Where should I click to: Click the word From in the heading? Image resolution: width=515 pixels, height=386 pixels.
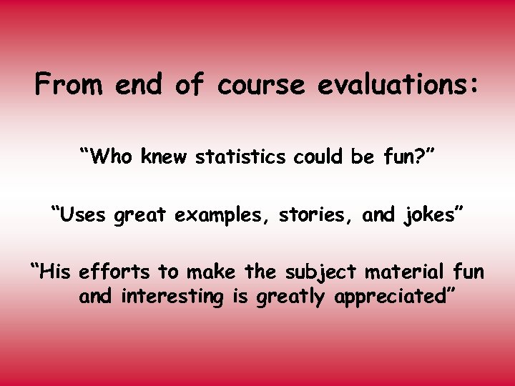tap(68, 86)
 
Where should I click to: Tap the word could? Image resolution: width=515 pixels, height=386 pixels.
tap(318, 156)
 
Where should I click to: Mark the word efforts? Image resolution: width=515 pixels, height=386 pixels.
tap(115, 272)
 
